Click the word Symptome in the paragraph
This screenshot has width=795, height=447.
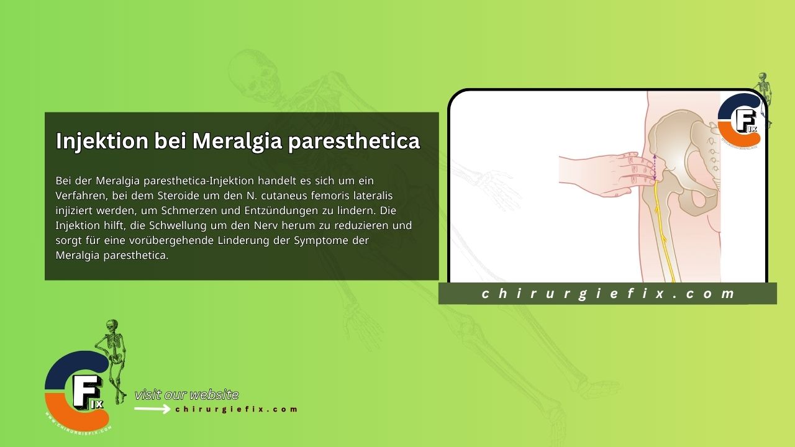(317, 240)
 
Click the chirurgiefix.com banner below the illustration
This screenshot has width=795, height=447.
(607, 294)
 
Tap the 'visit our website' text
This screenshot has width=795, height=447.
(186, 395)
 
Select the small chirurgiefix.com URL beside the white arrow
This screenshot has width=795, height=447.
(237, 409)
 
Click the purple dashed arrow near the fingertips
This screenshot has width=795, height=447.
(654, 168)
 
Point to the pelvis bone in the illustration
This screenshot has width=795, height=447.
(683, 149)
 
